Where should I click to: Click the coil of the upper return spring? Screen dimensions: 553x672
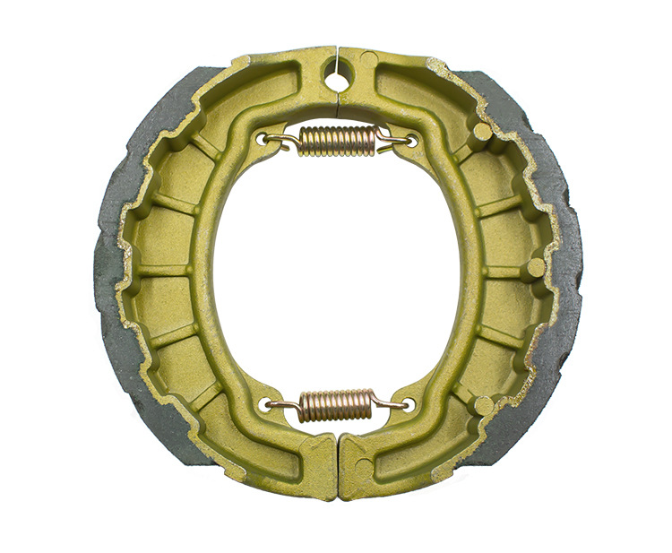point(337,140)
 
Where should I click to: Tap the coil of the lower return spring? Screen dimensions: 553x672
point(335,405)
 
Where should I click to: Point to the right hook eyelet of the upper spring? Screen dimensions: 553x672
point(411,140)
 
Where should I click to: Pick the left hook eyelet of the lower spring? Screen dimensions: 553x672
point(264,405)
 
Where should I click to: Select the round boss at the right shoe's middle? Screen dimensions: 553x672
point(535,267)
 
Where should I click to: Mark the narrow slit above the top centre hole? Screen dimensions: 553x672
point(337,57)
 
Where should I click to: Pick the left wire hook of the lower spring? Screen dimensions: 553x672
point(282,404)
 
